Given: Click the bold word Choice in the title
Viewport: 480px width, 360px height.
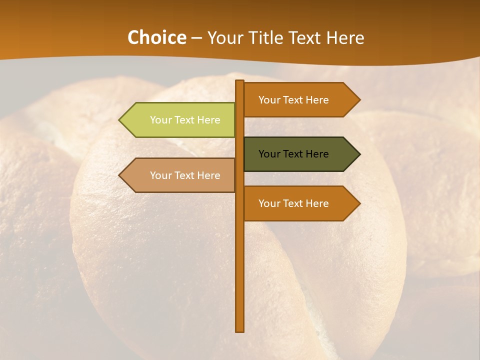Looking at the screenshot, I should [156, 38].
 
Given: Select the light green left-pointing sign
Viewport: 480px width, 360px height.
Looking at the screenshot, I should [180, 120].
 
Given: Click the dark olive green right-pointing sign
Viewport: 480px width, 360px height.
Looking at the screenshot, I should [297, 154].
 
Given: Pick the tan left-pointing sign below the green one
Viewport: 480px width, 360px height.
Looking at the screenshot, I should [180, 175].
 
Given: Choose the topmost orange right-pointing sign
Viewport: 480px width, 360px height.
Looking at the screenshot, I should [297, 100].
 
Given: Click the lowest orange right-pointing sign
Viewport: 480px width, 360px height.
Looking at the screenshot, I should [297, 203].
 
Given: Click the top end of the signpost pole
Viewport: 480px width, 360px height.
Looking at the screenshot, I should [239, 81].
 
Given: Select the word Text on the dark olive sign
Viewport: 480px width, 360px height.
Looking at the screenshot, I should [294, 154].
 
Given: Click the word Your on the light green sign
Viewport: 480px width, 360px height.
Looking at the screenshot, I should [160, 120].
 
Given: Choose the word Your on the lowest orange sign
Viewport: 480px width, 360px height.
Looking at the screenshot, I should [269, 203].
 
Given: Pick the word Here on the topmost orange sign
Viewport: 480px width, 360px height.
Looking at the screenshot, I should [316, 100].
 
